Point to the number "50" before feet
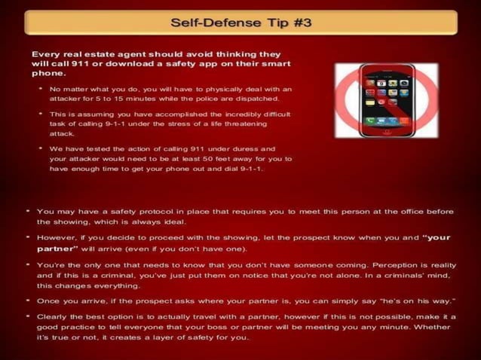pos(202,159)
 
